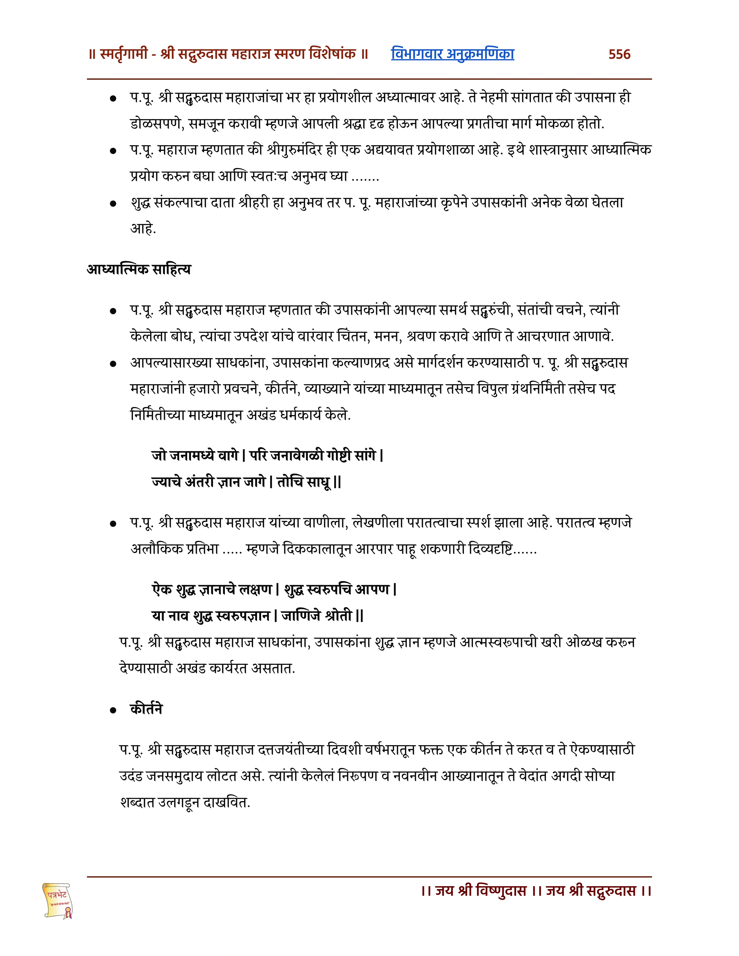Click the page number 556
point(619,54)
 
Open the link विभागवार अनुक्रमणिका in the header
point(452,54)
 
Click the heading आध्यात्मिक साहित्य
point(139,269)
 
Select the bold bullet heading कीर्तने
point(146,709)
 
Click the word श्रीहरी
point(254,203)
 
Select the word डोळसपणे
point(155,124)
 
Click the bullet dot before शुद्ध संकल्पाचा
point(113,204)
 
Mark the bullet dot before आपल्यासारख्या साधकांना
point(113,363)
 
